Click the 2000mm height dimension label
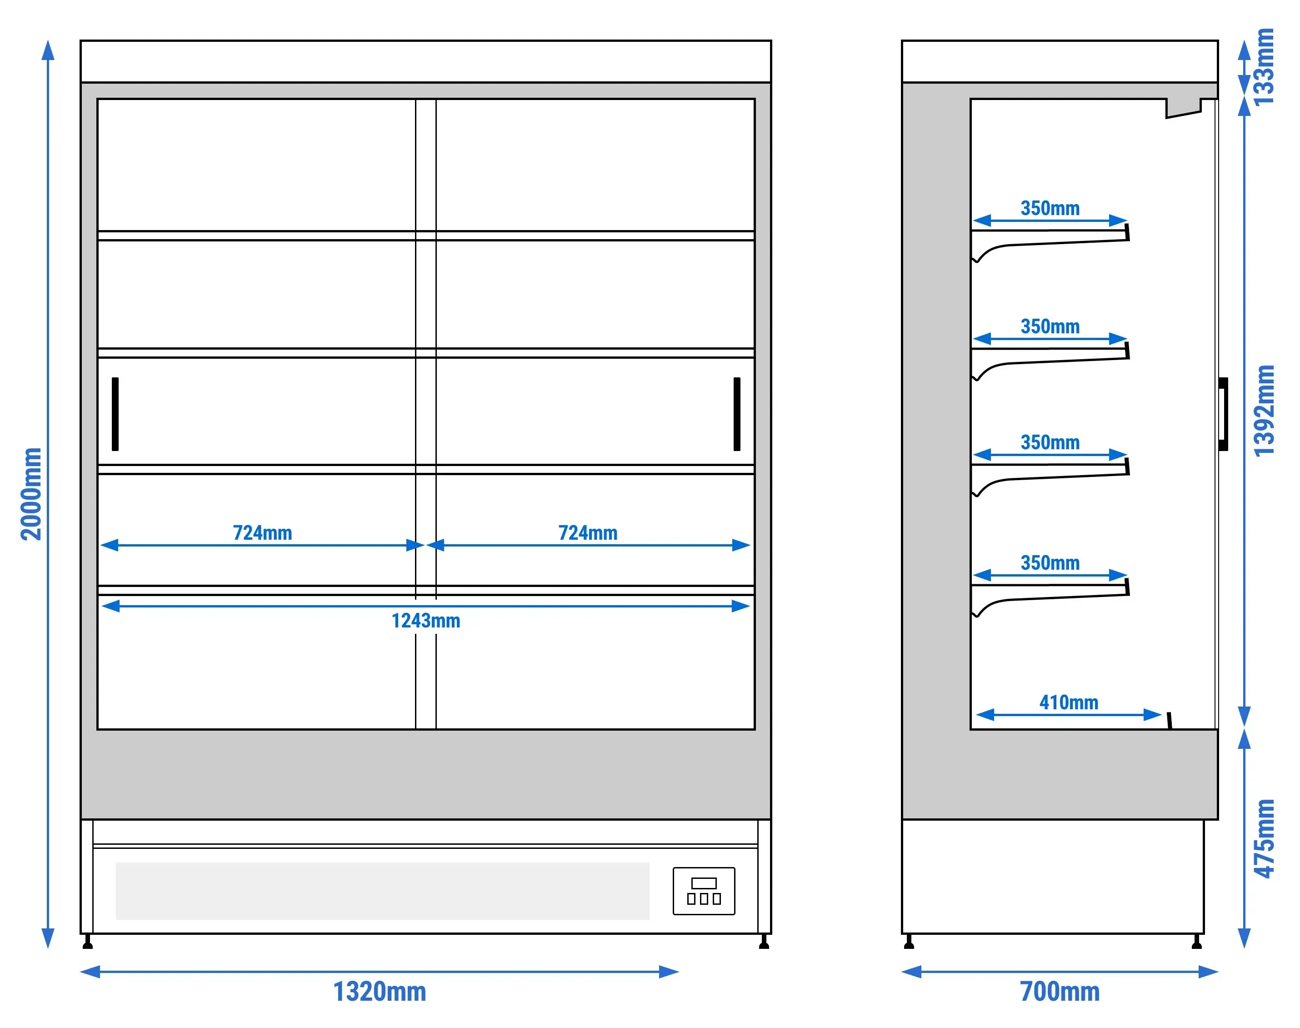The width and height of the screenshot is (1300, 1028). pos(31,493)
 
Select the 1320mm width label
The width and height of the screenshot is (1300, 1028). pos(380,991)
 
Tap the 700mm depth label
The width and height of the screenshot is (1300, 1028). pos(1060,991)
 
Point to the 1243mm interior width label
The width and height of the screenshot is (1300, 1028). pos(426,621)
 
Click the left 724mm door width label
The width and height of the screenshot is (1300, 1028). pos(262,533)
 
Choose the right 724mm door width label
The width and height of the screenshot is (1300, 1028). pos(588,533)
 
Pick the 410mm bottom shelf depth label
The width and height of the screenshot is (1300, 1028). pos(1069,702)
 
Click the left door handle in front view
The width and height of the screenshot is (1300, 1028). pos(115,414)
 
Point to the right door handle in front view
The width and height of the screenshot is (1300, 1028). pos(737,414)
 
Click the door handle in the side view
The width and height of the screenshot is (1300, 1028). pos(1223,414)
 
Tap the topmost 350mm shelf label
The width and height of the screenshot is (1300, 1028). pos(1050,208)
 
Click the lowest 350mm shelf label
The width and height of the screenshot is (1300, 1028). pos(1050,563)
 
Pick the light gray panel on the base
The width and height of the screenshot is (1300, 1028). pos(383,891)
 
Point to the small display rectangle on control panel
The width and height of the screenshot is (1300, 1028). pos(704,883)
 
